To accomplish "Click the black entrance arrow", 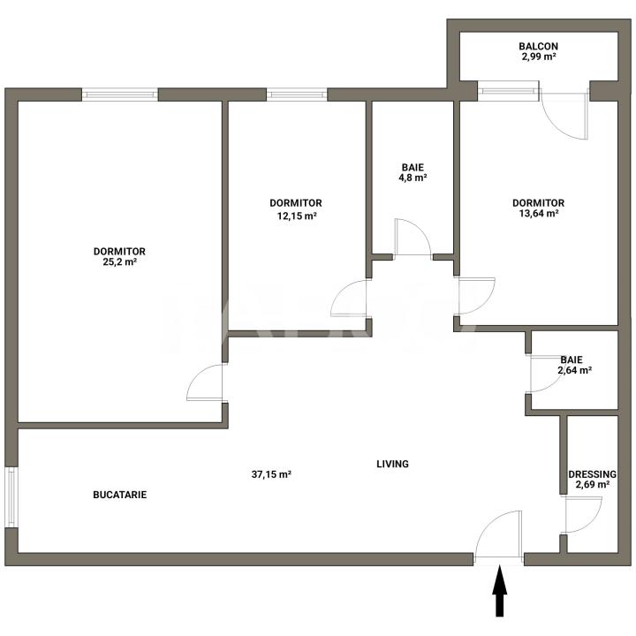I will tap(500, 592).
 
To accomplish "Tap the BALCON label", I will tap(538, 46).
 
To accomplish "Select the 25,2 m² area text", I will tap(118, 261).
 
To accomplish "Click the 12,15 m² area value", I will tap(296, 214).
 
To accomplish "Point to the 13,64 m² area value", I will tap(538, 214).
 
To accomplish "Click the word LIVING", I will tap(392, 464).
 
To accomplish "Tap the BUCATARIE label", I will tap(119, 495).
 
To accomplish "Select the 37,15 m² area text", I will tap(271, 474).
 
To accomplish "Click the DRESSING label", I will tap(592, 473).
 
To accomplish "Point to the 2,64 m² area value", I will tap(574, 370).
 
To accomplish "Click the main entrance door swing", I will tap(498, 536).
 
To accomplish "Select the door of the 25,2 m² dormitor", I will tap(207, 383).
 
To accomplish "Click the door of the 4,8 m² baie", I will tap(412, 237).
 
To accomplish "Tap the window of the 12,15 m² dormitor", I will tap(296, 94).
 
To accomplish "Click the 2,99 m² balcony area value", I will tap(538, 57).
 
